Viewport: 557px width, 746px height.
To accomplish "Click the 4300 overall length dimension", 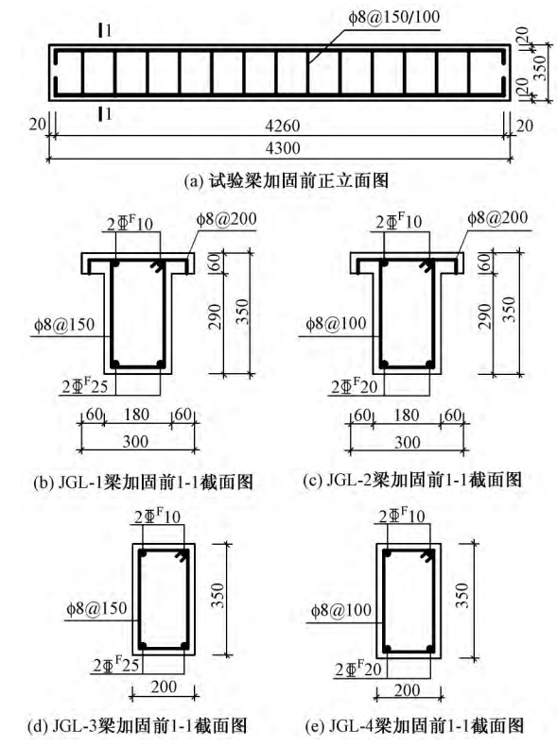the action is (x=283, y=148).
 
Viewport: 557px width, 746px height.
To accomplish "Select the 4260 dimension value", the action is (x=283, y=127).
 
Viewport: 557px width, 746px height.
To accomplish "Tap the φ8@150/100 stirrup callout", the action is (x=394, y=18).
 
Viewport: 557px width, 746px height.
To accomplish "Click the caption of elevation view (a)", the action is (x=286, y=180).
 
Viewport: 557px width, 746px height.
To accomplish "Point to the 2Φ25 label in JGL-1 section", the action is (x=85, y=386).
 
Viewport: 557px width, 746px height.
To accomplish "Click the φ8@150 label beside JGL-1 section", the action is (x=64, y=325).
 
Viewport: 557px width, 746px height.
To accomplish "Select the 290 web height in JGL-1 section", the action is (x=216, y=316).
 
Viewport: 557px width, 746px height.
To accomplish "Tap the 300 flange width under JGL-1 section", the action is (x=136, y=442).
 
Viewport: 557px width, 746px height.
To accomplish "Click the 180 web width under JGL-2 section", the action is (x=407, y=415).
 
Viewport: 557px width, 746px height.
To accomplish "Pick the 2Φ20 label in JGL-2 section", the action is (x=355, y=386).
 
